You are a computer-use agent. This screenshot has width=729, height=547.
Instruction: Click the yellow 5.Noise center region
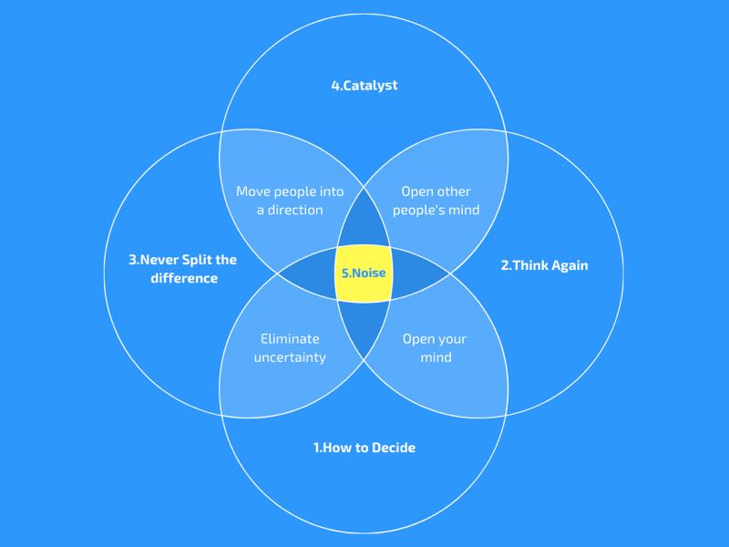point(364,273)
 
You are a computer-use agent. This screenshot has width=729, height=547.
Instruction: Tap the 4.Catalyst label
point(364,86)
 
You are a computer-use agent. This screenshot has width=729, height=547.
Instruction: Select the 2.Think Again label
point(544,265)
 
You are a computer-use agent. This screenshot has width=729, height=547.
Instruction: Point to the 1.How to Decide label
point(364,448)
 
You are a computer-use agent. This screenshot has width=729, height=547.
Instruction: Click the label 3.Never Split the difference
point(183,269)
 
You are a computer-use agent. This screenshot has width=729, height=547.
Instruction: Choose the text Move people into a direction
point(290,201)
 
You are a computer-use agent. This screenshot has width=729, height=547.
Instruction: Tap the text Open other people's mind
point(436,201)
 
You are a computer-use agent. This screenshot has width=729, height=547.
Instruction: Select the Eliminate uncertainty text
point(290,348)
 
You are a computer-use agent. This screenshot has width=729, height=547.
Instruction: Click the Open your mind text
point(436,348)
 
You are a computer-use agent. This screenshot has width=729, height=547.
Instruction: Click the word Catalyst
point(371,86)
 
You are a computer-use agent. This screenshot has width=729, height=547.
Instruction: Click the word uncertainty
point(290,357)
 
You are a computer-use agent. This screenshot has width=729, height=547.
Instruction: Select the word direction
point(295,210)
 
